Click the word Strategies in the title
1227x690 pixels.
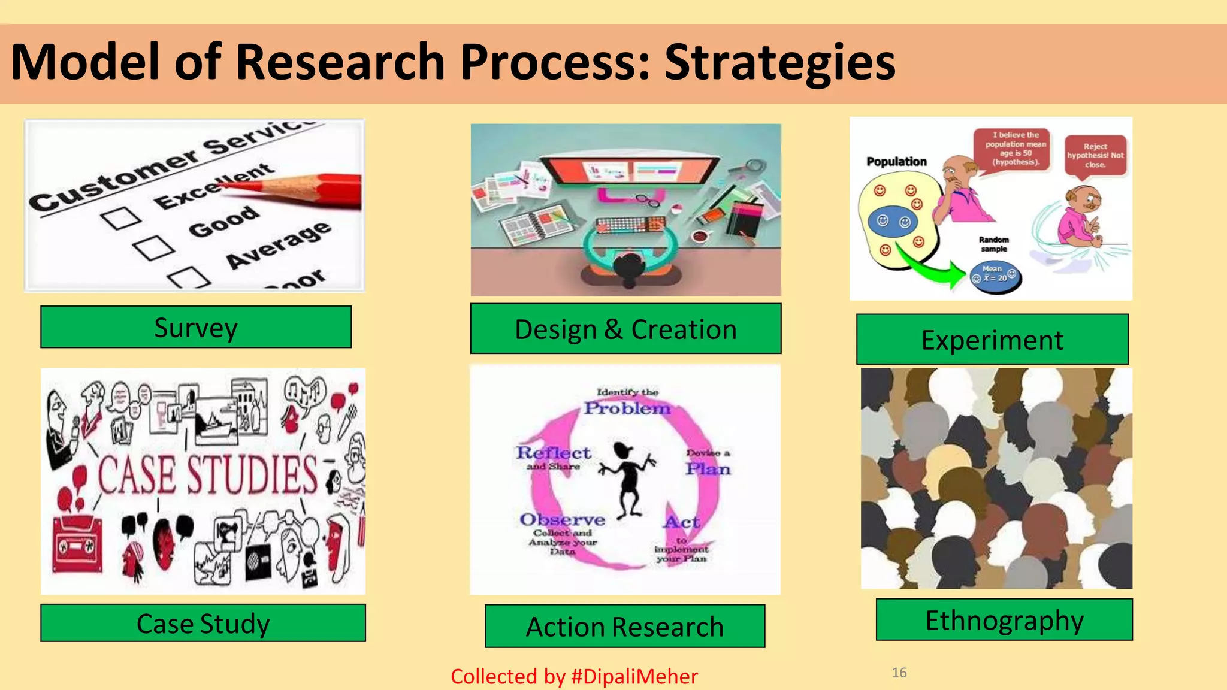click(x=780, y=63)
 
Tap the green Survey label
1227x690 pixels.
click(x=196, y=327)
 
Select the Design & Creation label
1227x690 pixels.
click(x=625, y=329)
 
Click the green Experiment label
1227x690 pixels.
click(x=992, y=340)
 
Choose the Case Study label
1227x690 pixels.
click(x=203, y=623)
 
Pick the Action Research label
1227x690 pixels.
click(x=625, y=627)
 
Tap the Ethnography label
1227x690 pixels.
click(x=1004, y=620)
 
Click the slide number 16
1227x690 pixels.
click(x=899, y=673)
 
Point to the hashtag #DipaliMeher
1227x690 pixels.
click(x=634, y=676)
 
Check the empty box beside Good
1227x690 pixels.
click(x=155, y=247)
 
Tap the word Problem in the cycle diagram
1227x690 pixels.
click(x=627, y=408)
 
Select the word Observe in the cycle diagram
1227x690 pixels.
click(x=562, y=519)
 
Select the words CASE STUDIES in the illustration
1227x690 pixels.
click(x=208, y=475)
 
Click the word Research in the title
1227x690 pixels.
click(x=340, y=63)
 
